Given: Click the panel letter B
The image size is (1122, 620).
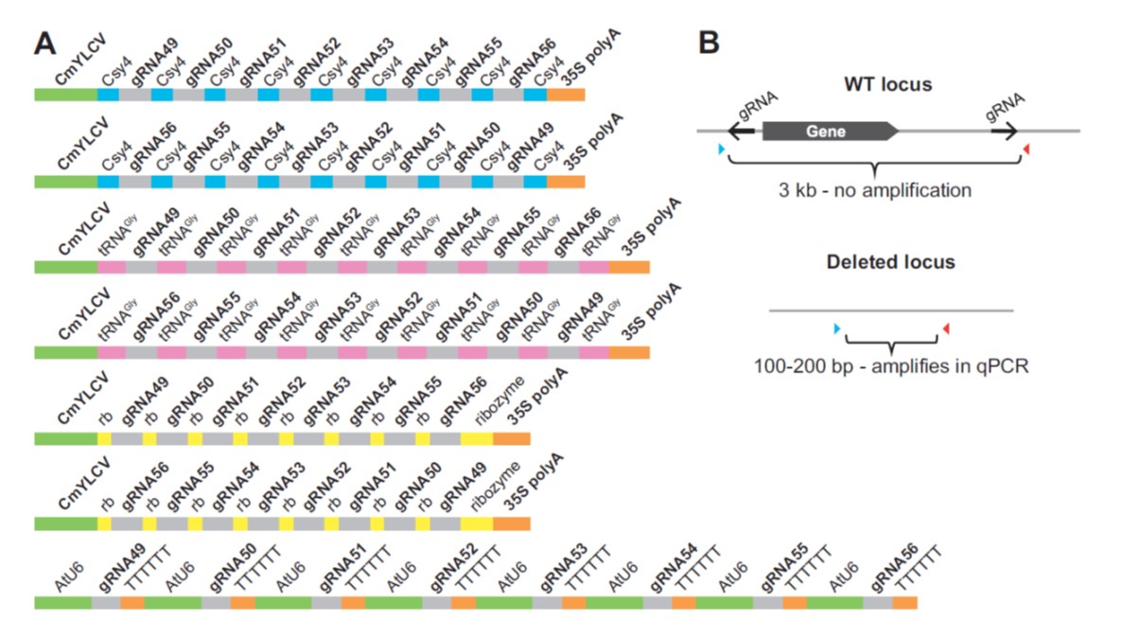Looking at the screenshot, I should coord(710,44).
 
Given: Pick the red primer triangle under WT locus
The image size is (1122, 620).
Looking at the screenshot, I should coord(1027,150).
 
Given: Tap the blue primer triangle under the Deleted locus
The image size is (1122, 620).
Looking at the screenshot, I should coord(836,328).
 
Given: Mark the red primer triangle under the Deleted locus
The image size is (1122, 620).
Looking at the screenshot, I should coord(944,328).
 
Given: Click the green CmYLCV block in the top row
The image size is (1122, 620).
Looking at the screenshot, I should coord(66,95).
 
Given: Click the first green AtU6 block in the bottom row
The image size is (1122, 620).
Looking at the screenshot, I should coord(62,602).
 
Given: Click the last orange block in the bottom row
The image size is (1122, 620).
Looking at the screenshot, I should coord(905,602).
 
